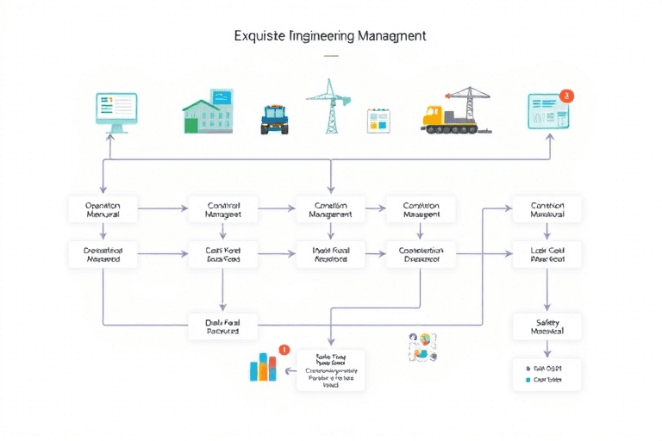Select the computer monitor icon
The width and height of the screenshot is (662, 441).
[116, 112]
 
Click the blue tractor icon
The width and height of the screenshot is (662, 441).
[274, 119]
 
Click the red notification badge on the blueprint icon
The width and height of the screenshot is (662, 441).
[565, 96]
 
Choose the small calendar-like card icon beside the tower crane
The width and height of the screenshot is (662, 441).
[378, 120]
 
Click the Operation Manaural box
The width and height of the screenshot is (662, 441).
[103, 209]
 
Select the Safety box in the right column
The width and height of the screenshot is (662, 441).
[546, 326]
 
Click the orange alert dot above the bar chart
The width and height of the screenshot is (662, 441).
[284, 350]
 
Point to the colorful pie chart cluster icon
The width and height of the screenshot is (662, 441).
[422, 346]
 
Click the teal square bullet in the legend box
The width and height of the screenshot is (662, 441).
[528, 378]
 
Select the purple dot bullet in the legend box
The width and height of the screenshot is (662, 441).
[528, 366]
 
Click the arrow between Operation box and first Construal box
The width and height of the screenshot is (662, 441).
[162, 208]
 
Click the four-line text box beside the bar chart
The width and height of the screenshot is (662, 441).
[331, 370]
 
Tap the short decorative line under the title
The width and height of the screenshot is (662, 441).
[331, 55]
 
